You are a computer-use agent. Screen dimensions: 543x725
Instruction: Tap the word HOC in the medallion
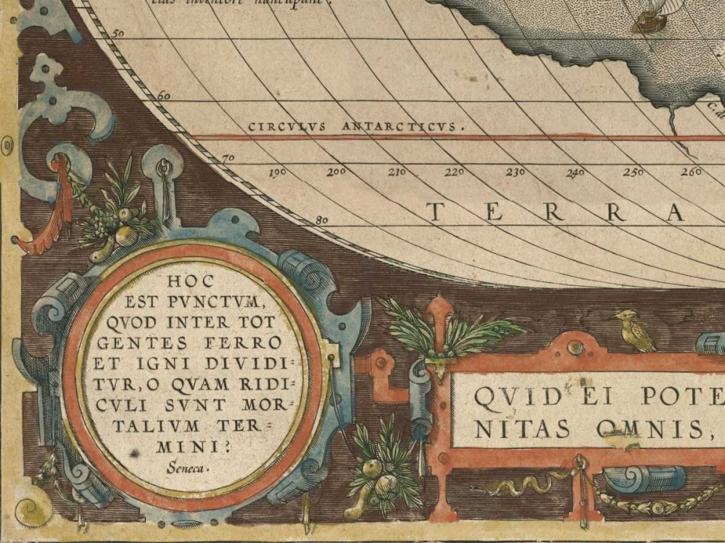coord(189,279)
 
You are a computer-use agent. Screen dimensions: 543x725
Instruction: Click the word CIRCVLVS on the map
coord(285,127)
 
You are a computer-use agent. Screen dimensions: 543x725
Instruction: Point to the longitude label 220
coord(455,172)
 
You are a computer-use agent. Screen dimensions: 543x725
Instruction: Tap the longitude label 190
coord(278,173)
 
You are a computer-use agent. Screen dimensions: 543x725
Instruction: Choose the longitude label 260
coord(692,172)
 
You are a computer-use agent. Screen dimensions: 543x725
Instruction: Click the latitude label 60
coord(164,96)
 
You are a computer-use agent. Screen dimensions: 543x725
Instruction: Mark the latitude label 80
coord(323,220)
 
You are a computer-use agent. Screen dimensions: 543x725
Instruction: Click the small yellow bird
coord(635,331)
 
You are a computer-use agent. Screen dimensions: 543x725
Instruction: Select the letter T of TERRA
coord(435,212)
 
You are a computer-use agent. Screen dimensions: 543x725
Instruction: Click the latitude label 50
coord(118,33)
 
